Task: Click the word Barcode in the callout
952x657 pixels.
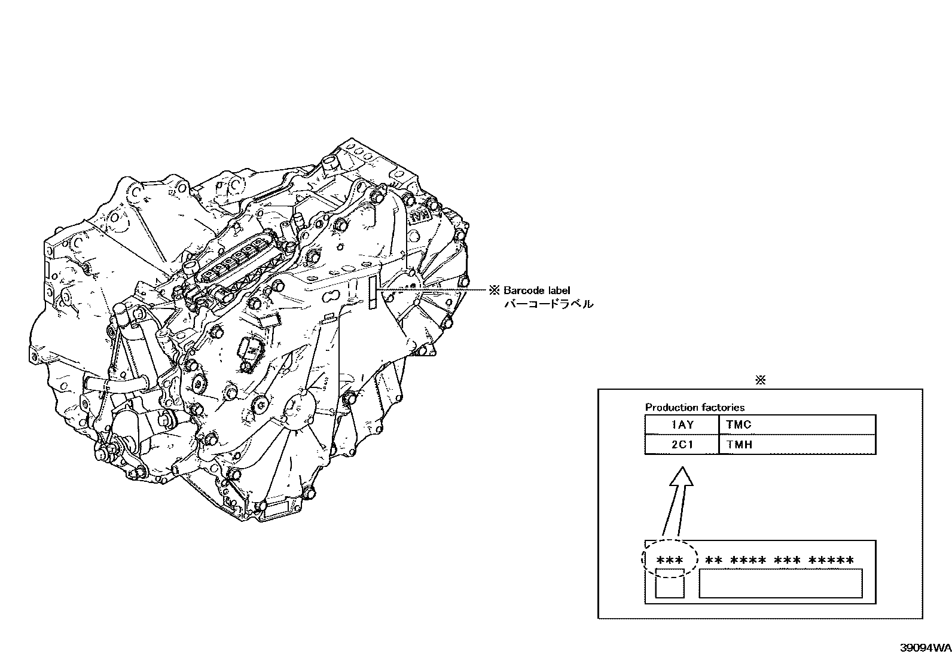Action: pyautogui.click(x=524, y=291)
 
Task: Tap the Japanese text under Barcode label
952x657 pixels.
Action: pyautogui.click(x=549, y=304)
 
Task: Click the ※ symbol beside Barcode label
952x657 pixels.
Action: pyautogui.click(x=494, y=291)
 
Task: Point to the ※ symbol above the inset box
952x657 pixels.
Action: pyautogui.click(x=760, y=380)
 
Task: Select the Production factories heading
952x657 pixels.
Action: pyautogui.click(x=694, y=408)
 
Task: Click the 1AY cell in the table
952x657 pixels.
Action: pyautogui.click(x=682, y=425)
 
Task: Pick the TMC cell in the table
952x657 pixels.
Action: pyautogui.click(x=739, y=425)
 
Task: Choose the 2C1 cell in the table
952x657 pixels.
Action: pyautogui.click(x=682, y=444)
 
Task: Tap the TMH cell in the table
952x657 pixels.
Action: pyautogui.click(x=739, y=444)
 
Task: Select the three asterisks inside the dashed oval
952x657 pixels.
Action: pyautogui.click(x=670, y=561)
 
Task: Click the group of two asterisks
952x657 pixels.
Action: pyautogui.click(x=714, y=561)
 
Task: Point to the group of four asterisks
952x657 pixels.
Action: pyautogui.click(x=748, y=561)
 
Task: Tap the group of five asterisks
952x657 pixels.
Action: pyautogui.click(x=831, y=561)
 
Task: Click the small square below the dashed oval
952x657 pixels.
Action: pyautogui.click(x=670, y=583)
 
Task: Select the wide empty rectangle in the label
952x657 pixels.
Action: pyautogui.click(x=780, y=583)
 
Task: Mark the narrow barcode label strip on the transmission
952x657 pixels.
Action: pyautogui.click(x=373, y=294)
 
